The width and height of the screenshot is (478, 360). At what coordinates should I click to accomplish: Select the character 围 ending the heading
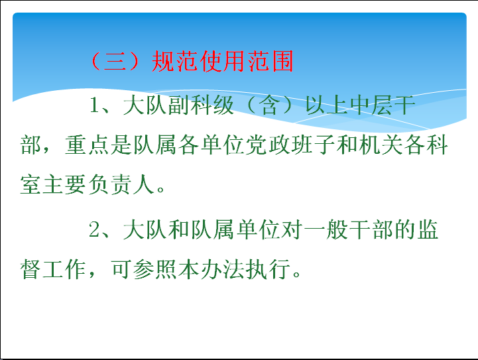[x=282, y=61]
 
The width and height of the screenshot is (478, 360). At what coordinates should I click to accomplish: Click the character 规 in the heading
[x=162, y=61]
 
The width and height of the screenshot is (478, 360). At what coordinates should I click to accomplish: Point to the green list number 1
[x=95, y=105]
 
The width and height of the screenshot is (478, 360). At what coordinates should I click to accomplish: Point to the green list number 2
[x=95, y=229]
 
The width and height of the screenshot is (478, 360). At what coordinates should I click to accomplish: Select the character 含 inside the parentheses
[x=270, y=105]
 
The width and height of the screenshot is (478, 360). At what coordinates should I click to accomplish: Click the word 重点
[x=87, y=145]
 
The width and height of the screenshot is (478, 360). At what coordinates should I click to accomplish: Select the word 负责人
[x=121, y=184]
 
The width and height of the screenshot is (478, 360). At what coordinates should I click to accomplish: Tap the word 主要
[x=64, y=184]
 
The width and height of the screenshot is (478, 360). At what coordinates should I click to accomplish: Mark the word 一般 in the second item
[x=325, y=229]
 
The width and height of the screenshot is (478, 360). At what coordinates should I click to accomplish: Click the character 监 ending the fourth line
[x=428, y=229]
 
